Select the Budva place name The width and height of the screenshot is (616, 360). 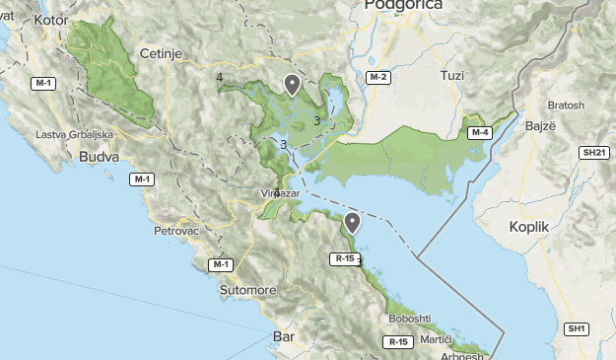click(x=99, y=156)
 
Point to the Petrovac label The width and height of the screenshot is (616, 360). click(x=176, y=231)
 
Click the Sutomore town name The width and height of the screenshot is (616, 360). click(x=247, y=290)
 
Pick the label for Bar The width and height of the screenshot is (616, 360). click(x=282, y=337)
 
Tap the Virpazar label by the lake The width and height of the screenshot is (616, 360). click(x=279, y=193)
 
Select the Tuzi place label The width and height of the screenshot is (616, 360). click(x=451, y=75)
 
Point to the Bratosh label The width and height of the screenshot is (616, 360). click(x=566, y=105)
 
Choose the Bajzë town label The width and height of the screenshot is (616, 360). click(x=538, y=127)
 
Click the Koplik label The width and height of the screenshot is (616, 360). click(x=528, y=226)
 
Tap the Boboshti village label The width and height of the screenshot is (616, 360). click(x=410, y=318)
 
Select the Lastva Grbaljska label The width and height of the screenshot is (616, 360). click(x=74, y=134)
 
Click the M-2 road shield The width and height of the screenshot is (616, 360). click(x=378, y=77)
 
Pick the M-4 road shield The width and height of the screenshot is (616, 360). click(x=479, y=132)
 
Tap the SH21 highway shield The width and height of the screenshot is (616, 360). click(x=593, y=153)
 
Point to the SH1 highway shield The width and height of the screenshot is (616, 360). click(x=577, y=327)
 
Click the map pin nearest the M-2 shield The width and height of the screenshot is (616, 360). click(x=292, y=84)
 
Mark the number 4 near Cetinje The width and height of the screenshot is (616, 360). click(x=219, y=78)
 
